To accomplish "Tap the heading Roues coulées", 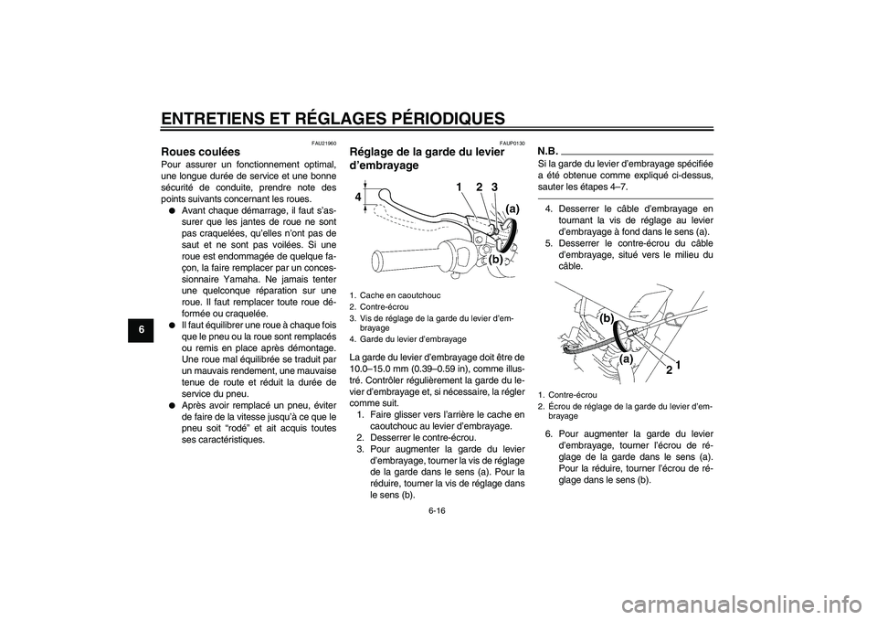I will (x=200, y=152).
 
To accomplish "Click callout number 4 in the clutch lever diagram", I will (x=359, y=197).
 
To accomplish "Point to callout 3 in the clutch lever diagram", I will (x=495, y=187).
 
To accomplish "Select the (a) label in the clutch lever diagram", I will (x=512, y=208).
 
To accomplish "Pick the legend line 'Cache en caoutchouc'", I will (x=395, y=295).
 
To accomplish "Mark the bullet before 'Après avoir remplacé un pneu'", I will (x=172, y=402).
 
